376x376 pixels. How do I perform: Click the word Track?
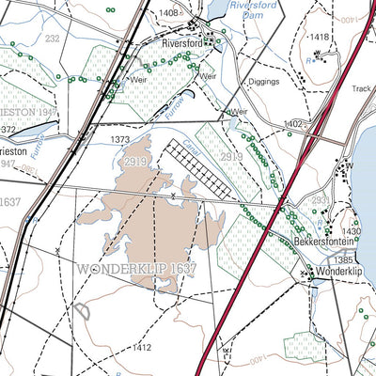[363, 89]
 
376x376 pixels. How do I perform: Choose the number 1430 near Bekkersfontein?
[351, 231]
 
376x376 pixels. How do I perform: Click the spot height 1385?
[343, 259]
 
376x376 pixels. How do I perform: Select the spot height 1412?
[141, 348]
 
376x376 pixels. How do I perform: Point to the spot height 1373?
[120, 139]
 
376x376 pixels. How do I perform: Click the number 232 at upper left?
[52, 39]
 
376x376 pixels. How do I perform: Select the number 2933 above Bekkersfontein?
[321, 200]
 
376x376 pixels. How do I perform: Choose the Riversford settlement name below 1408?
[182, 44]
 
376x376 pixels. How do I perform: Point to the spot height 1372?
[8, 127]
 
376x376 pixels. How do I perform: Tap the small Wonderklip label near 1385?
[339, 272]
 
